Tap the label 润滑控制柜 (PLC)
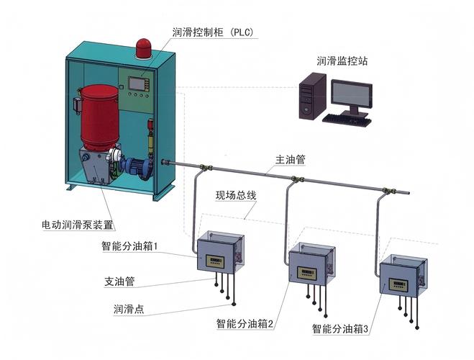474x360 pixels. pos(213,32)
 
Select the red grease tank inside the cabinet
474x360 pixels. pos(99,117)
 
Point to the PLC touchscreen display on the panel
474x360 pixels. pos(137,84)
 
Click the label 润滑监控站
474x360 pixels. pos(342,60)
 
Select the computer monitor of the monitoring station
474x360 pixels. pos(351,96)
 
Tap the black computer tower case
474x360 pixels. pos(313,96)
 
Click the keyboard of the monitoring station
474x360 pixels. pos(347,119)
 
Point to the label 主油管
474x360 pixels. pos(290,160)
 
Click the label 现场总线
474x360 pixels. pos(236,195)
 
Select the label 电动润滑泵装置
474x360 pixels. pos(78,225)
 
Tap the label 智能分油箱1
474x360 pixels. pos(129,246)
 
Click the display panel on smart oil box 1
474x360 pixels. pos(215,261)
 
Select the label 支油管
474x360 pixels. pos(119,282)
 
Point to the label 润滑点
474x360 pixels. pos(129,309)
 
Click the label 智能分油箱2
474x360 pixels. pos(245,324)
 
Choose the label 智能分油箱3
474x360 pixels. pos(340,329)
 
